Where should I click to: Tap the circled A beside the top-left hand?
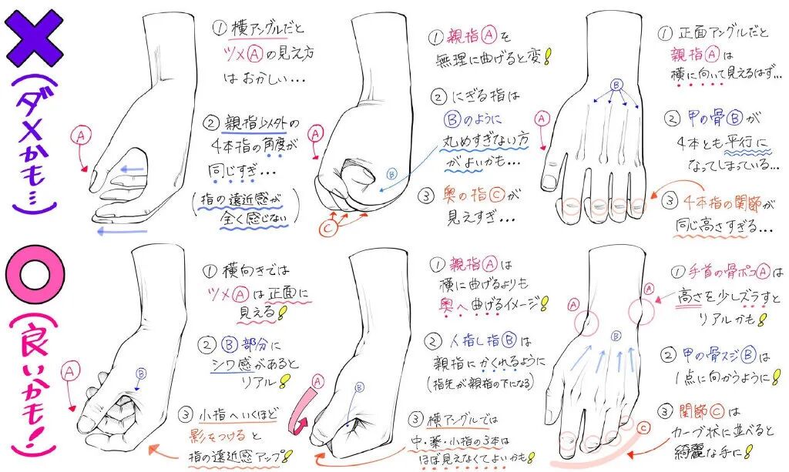point(82,136)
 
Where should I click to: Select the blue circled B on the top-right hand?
point(616,85)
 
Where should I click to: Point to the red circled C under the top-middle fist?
point(327,227)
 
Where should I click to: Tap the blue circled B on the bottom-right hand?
point(616,335)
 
